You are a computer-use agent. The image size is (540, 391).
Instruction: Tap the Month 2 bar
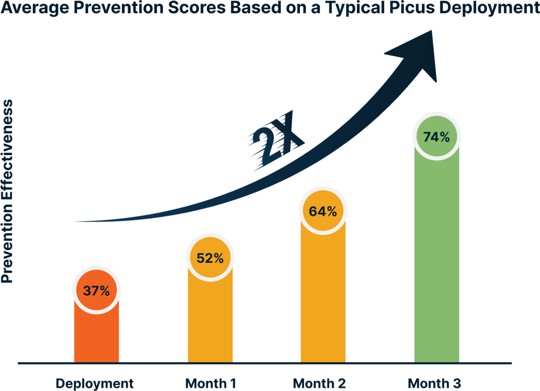point(323,295)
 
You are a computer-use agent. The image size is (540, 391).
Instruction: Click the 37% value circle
point(96,290)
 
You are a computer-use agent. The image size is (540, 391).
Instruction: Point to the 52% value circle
point(210,258)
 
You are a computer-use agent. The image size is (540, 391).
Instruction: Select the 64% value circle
point(323,211)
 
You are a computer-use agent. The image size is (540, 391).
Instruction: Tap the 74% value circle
point(437,137)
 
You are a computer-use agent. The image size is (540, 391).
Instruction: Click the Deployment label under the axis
point(94,383)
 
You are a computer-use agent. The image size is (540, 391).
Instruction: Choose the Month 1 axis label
point(211,383)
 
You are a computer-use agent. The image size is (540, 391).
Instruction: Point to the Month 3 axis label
point(435,383)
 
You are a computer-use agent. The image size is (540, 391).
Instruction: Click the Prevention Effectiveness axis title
point(8,192)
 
